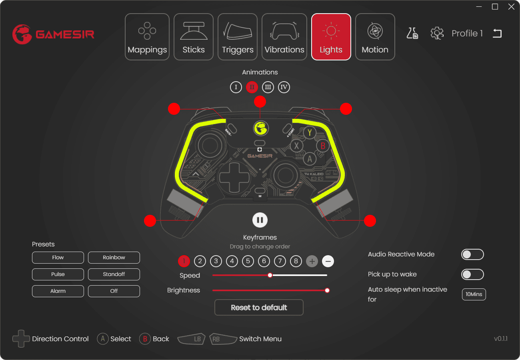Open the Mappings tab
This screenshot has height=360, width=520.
point(147,37)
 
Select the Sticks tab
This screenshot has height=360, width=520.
point(194,37)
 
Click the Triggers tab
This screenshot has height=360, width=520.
point(238,37)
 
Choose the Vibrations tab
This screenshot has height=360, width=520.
point(284,37)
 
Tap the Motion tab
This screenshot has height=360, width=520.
point(375,37)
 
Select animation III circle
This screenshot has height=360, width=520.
point(268,87)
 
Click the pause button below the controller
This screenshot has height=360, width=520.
point(260,220)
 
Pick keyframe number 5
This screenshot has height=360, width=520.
point(248,262)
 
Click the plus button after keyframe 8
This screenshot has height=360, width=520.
point(312,262)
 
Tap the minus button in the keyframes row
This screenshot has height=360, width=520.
point(328,262)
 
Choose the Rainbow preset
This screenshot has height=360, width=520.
point(114,258)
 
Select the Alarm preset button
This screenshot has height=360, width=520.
point(58,291)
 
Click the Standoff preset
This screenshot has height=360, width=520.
point(114,274)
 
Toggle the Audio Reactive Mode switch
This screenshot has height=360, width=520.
point(472,254)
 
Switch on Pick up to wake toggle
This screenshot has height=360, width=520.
point(472,274)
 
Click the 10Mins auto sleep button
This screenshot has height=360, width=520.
point(474,294)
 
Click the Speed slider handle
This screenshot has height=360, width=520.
point(270,275)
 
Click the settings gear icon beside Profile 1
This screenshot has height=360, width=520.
point(437,33)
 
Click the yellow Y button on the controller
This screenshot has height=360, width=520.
point(309,132)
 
